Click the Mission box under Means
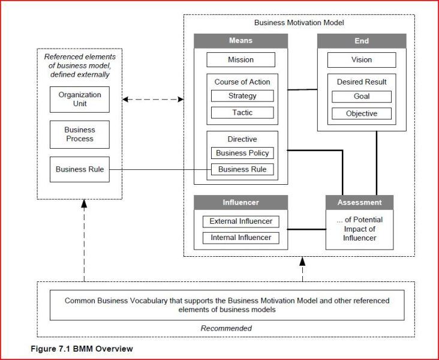(x=240, y=60)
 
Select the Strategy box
(x=242, y=96)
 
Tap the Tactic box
(x=242, y=113)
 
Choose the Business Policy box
(x=242, y=153)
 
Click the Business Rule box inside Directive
(x=242, y=169)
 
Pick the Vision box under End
(x=361, y=60)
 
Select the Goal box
(x=361, y=97)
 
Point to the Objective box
(x=361, y=113)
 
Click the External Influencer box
(x=240, y=221)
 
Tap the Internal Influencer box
(x=240, y=238)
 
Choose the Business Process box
(x=80, y=134)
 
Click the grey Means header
(x=240, y=41)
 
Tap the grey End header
(x=361, y=41)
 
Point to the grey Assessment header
(x=359, y=202)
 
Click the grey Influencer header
(x=240, y=202)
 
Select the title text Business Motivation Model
(x=299, y=22)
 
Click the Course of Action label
(x=242, y=82)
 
